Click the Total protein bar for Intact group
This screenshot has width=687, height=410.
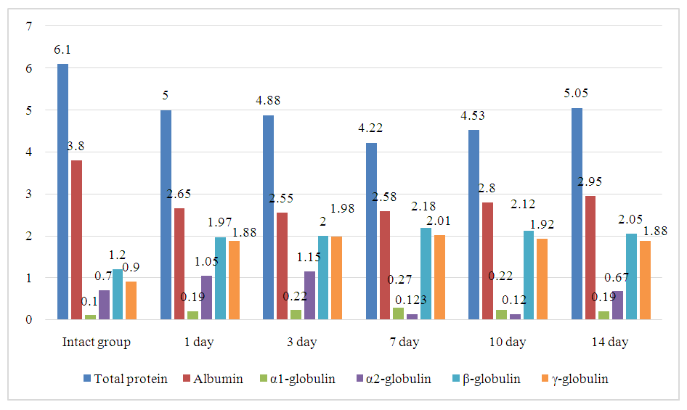coord(63,192)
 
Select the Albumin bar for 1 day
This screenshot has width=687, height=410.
coord(179,263)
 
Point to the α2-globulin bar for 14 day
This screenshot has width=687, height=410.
coord(618,305)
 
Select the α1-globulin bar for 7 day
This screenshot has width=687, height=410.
coord(398,313)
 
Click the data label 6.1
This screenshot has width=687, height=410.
coord(62,50)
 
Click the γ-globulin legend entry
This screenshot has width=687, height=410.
coord(572,379)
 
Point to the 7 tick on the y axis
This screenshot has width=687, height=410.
coord(29,27)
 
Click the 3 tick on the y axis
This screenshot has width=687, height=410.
coord(29,194)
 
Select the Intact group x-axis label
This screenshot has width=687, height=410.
coord(97,342)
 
